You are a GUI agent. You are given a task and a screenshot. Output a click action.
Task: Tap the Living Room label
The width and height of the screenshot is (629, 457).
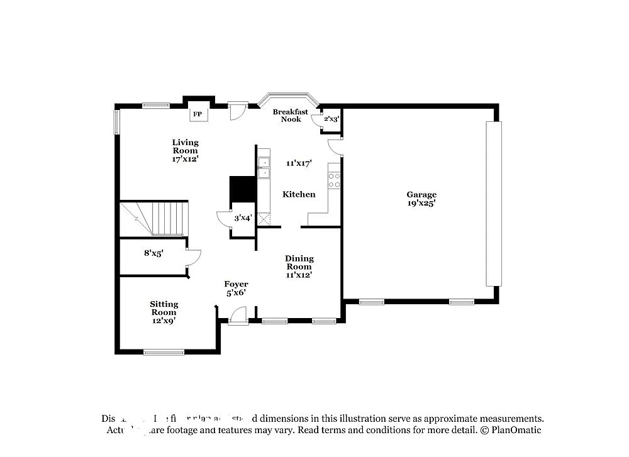(x=185, y=146)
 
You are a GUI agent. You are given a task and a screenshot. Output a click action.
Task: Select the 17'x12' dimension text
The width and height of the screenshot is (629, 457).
(x=185, y=159)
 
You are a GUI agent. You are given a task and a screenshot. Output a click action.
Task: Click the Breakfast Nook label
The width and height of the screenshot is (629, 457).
(x=290, y=116)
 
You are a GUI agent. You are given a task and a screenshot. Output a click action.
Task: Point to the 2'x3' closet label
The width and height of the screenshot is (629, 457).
(x=331, y=118)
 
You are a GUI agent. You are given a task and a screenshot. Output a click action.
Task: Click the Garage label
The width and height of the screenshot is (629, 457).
(x=421, y=195)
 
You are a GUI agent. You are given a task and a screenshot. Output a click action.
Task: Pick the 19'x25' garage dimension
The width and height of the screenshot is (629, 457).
(x=421, y=203)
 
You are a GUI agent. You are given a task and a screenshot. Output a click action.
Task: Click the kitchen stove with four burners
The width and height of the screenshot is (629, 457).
(x=334, y=181)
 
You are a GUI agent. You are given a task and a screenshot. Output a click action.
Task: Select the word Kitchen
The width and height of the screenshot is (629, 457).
(x=299, y=194)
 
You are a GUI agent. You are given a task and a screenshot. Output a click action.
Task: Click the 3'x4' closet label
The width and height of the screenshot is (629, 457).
(x=243, y=218)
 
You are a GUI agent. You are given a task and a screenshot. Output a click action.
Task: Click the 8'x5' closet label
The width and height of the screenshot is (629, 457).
(x=154, y=253)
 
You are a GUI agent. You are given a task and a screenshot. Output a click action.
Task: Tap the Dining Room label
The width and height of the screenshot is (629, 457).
(x=299, y=263)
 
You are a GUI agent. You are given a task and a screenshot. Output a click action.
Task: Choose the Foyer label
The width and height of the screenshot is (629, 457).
(x=236, y=284)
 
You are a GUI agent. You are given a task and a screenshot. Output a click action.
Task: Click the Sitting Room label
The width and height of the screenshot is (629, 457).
(x=164, y=308)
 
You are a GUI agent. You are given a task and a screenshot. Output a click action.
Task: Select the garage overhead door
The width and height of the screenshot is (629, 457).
(x=494, y=204)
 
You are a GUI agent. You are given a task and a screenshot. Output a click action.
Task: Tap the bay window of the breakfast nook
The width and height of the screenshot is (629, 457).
(x=290, y=98)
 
